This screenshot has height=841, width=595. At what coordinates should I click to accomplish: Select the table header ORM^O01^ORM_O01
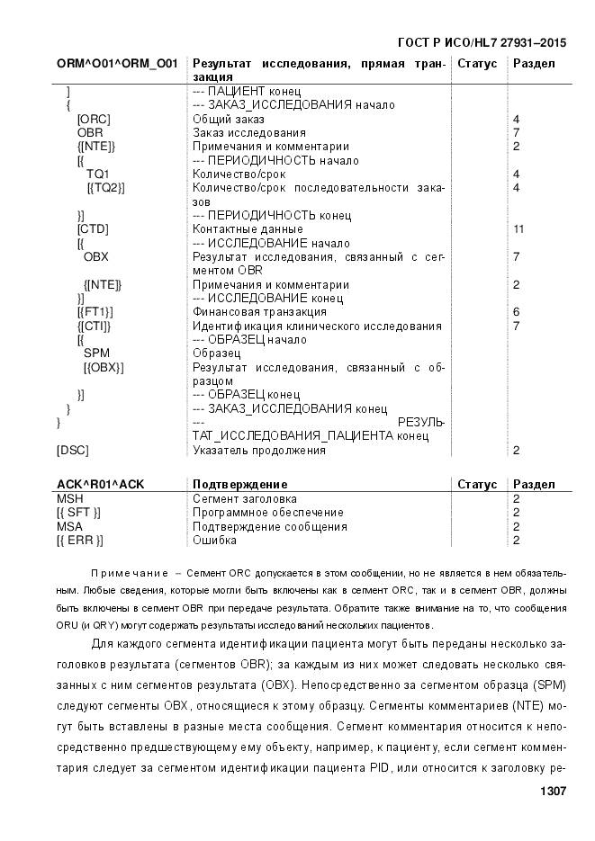[x=117, y=64]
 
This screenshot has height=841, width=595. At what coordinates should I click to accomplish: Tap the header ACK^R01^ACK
[x=100, y=485]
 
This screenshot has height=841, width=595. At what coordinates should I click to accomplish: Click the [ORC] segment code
[x=93, y=119]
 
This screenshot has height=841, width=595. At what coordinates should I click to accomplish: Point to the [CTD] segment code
[x=93, y=229]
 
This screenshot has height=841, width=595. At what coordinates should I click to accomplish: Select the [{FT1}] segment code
[x=95, y=312]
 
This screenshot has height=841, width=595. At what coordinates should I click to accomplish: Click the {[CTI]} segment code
[x=95, y=326]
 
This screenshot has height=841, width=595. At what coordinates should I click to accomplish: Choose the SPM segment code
[x=96, y=353]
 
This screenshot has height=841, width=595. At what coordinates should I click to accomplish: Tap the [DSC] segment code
[x=73, y=451]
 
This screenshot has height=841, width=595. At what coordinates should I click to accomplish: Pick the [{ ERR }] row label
[x=79, y=541]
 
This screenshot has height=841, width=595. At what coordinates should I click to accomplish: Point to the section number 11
[x=518, y=229]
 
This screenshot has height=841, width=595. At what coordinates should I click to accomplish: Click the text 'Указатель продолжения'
[x=259, y=451]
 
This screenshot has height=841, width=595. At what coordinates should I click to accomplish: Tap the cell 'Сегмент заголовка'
[x=245, y=498]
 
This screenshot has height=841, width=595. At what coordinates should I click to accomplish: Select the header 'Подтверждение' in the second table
[x=240, y=485]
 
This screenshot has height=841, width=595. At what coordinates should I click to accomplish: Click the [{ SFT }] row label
[x=78, y=513]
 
